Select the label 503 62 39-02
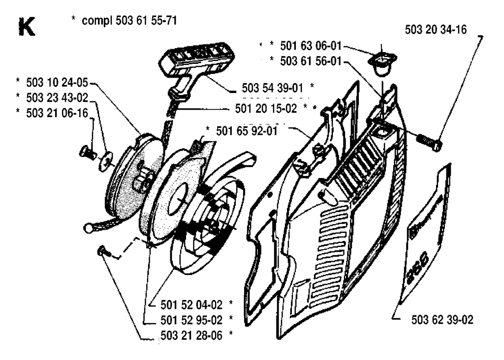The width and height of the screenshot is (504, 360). click(x=441, y=320)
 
